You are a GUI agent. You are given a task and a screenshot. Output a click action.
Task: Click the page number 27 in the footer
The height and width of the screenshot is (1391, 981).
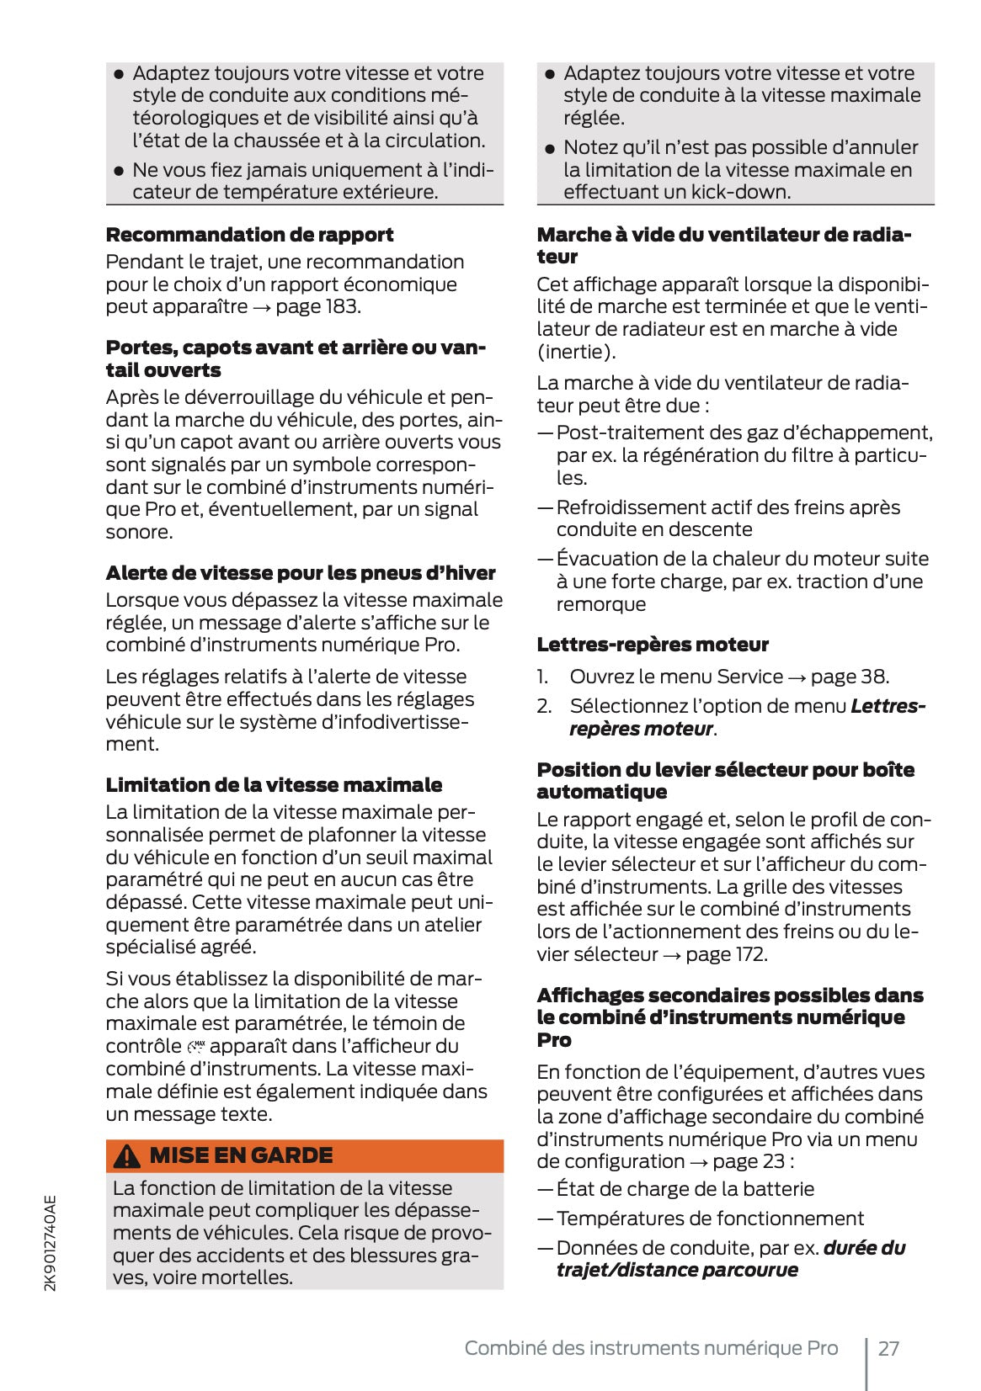[x=888, y=1348]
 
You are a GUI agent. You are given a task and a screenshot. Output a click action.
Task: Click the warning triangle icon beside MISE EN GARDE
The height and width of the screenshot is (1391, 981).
[x=127, y=1156]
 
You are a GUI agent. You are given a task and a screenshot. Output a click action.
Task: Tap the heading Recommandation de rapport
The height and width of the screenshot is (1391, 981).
[x=249, y=235]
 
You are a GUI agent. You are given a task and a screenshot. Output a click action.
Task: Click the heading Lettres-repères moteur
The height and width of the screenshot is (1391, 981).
[x=653, y=645]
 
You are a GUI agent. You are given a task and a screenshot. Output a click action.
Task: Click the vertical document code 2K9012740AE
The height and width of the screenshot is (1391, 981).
[x=51, y=1243]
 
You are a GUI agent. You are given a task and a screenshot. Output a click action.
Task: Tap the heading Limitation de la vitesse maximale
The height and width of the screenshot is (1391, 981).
[x=274, y=785]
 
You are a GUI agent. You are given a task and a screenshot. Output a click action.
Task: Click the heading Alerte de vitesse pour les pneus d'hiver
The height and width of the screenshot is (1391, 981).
[x=301, y=573]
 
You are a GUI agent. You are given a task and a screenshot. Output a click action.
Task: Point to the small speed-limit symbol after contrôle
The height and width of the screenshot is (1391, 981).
[x=196, y=1047]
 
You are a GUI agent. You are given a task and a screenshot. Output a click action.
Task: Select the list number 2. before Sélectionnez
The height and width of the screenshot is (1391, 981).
[x=545, y=706]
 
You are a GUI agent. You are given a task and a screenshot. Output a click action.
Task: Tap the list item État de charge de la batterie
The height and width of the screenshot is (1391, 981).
[x=685, y=1189]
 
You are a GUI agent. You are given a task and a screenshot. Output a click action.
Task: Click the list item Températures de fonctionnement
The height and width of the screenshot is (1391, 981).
[x=709, y=1218]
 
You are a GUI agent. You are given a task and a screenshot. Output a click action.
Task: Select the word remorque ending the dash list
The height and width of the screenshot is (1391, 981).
[x=600, y=604]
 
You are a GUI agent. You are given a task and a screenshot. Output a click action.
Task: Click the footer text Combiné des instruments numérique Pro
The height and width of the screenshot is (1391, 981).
[x=651, y=1348]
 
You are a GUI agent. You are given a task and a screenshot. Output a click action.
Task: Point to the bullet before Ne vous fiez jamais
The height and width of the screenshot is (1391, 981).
[x=119, y=171]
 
